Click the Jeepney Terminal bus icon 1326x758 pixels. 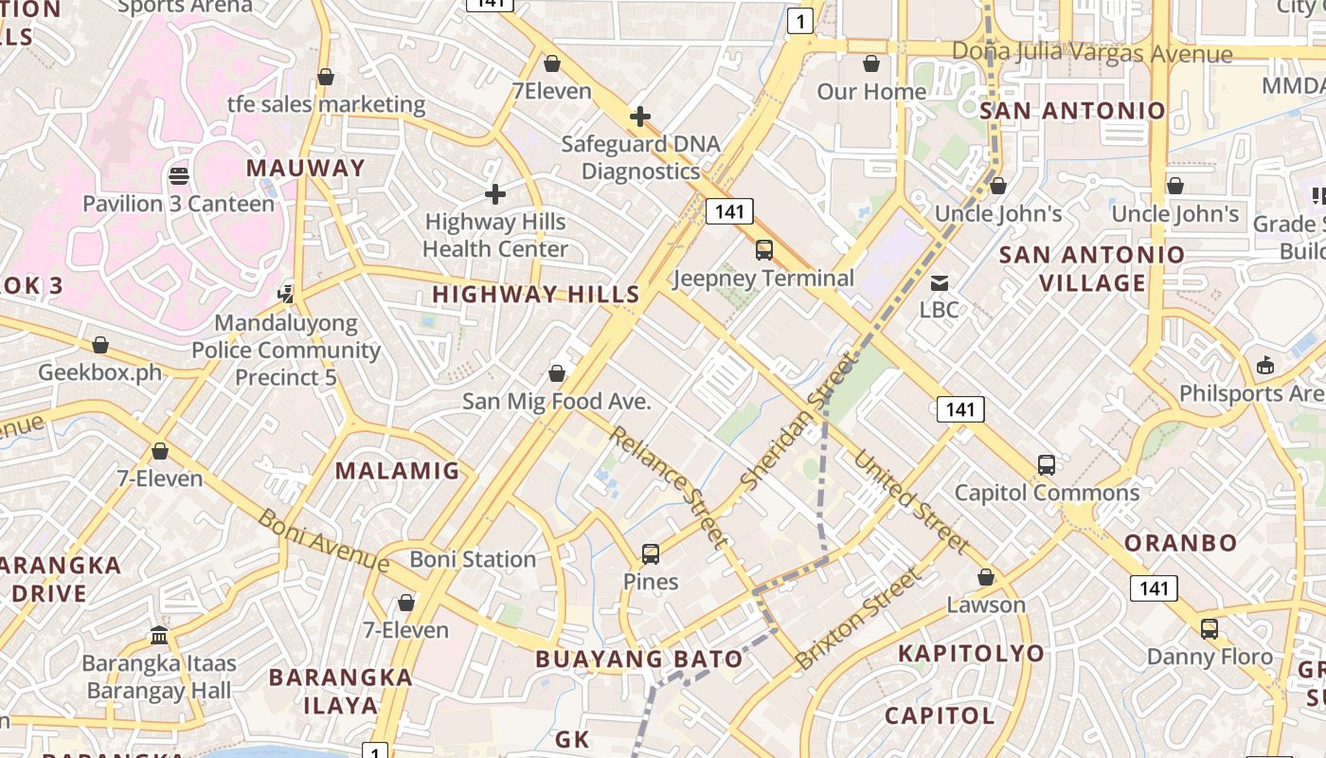pos(763,250)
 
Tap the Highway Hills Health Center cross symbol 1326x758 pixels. pos(494,194)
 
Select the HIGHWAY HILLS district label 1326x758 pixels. pos(536,295)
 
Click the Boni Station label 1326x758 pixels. pos(473,559)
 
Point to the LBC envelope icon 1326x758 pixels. pos(939,282)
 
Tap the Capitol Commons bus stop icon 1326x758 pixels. pos(1046,465)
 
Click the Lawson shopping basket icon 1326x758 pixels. pos(986,577)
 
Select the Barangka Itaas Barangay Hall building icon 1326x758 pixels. pos(159,635)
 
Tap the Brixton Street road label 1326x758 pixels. pos(858,618)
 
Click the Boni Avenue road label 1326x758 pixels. pos(323,541)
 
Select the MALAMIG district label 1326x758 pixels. pos(397,471)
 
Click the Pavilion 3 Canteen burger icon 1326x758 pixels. pos(178,176)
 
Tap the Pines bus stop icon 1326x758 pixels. pos(650,554)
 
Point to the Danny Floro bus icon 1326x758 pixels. pos(1209,629)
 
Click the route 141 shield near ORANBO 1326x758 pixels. pos(1154,588)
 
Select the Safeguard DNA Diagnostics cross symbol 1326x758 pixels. pos(640,117)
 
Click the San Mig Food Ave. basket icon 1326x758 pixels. pos(557,373)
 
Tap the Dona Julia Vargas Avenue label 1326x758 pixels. pos(1092,53)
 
